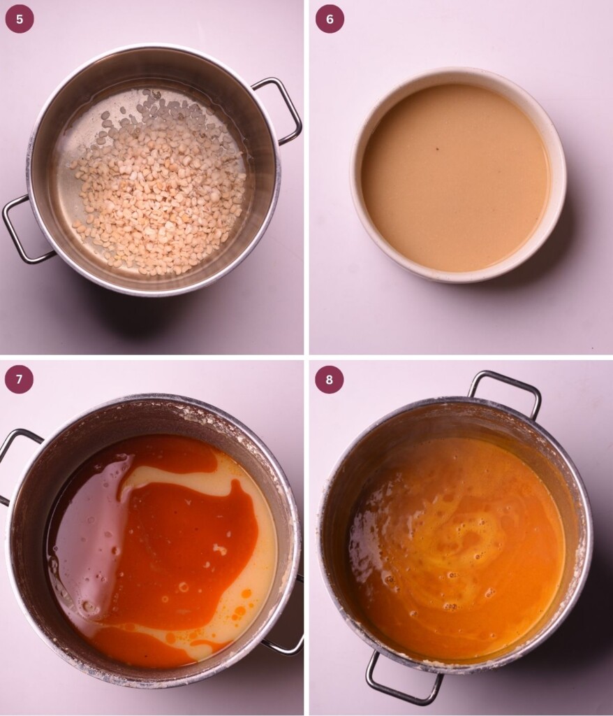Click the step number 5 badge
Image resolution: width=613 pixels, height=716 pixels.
[19, 19]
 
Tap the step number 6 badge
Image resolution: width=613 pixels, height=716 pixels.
[330, 19]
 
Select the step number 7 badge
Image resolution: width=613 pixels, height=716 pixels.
[19, 380]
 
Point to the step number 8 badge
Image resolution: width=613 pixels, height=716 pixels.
[330, 380]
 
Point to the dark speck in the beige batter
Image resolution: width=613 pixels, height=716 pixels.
[437, 148]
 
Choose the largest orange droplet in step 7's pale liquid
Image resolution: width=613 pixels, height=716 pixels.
[246, 594]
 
